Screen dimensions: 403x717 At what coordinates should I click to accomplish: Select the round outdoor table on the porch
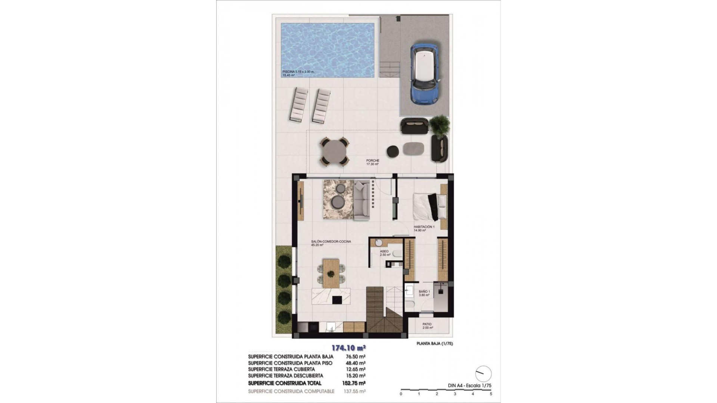click(x=335, y=151)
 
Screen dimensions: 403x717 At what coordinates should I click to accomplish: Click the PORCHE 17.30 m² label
click(x=373, y=162)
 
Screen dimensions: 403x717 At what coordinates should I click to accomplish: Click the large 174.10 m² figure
click(x=348, y=348)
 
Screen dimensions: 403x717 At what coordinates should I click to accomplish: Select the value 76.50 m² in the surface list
click(x=356, y=357)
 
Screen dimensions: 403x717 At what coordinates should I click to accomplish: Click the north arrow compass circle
click(x=484, y=374)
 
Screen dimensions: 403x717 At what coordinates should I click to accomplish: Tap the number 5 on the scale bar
click(x=491, y=394)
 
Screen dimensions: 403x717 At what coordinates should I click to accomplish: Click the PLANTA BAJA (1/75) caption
click(x=435, y=344)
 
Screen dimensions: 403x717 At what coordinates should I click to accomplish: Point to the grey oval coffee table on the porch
click(x=413, y=149)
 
